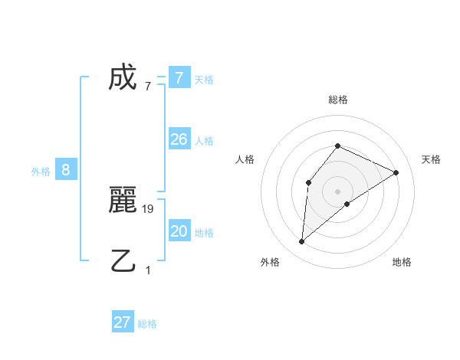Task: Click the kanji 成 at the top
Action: pos(123,77)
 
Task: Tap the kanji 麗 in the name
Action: pos(123,200)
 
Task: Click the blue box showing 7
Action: pos(179,78)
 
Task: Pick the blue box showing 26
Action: pos(179,139)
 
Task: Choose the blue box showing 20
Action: pos(179,231)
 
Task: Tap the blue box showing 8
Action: pos(66,170)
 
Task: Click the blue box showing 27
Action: pos(123,322)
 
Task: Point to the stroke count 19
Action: pos(149,208)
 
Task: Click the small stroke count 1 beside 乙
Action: pos(148,270)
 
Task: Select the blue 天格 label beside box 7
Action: pos(204,79)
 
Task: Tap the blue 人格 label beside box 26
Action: pos(204,140)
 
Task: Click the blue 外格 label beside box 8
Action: pos(41,172)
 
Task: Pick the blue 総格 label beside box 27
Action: pos(147,323)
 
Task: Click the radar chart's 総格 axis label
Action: pos(337,100)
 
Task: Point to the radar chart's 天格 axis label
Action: pos(431,159)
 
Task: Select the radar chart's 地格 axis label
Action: pos(402,262)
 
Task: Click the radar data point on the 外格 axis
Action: pos(302,242)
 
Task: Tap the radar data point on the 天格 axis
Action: pos(396,172)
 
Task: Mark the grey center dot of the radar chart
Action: pos(337,191)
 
